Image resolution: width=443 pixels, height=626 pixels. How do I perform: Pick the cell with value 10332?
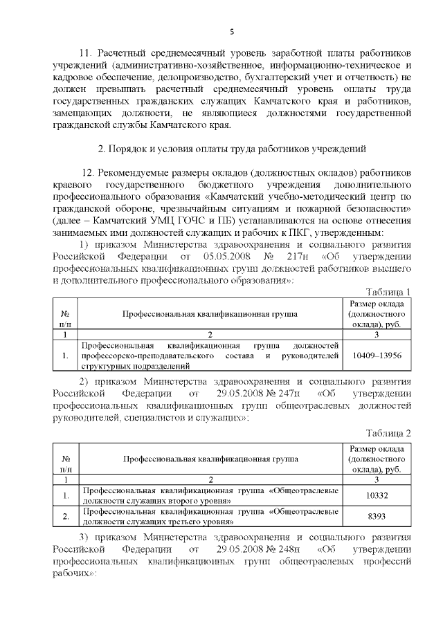coord(377,495)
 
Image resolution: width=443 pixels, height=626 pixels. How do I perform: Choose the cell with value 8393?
coord(377,516)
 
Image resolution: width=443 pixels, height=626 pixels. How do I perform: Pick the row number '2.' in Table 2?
coord(65,516)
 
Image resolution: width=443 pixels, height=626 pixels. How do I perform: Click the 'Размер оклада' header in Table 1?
coord(377,303)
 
